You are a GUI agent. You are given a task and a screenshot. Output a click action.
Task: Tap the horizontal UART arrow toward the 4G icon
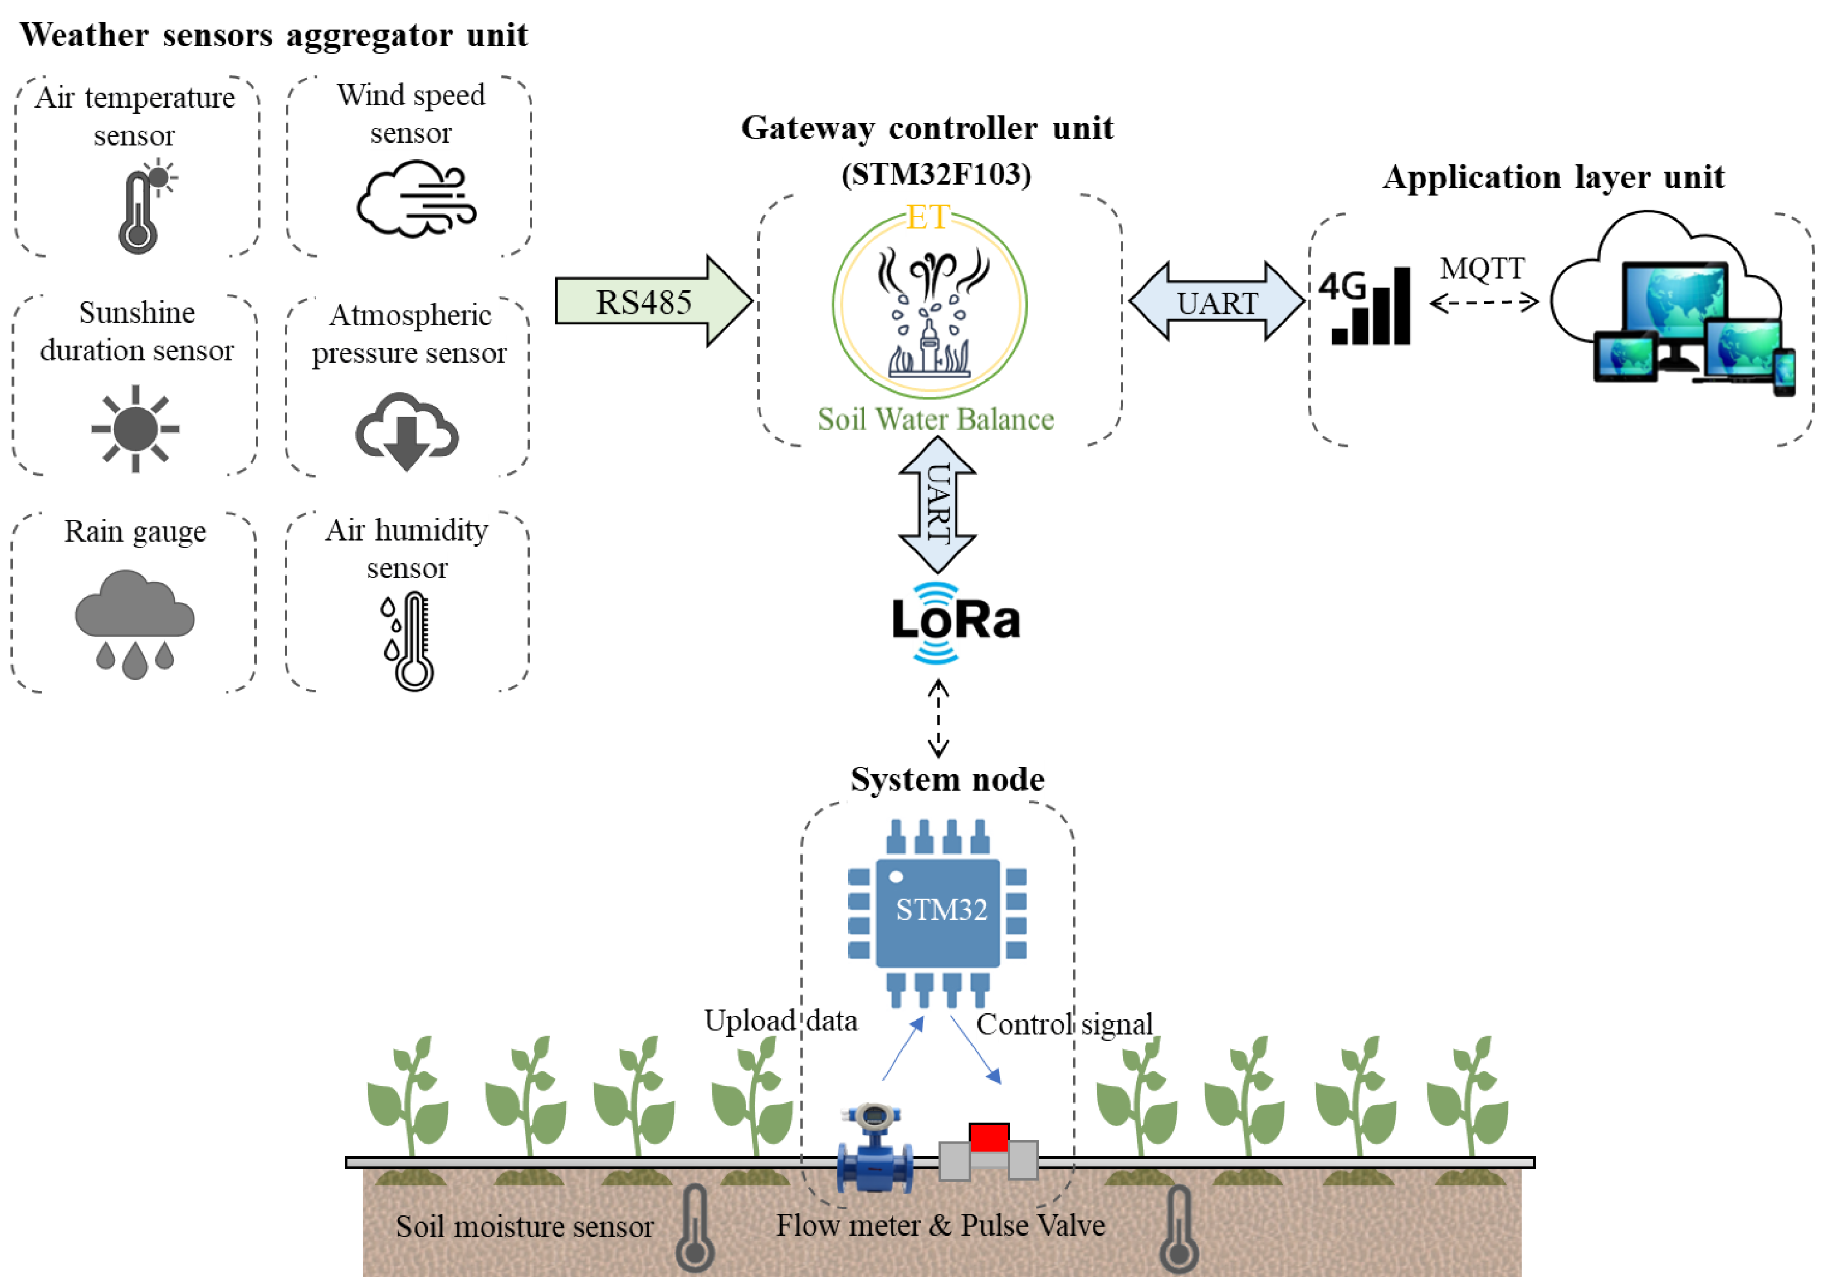click(x=1216, y=302)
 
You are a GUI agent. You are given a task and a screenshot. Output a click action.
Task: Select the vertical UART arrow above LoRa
click(x=938, y=504)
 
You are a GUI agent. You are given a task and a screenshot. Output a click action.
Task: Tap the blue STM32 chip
click(x=938, y=912)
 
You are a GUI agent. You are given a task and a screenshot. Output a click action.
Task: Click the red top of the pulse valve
click(x=989, y=1136)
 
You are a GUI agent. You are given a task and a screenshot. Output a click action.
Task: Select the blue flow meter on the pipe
click(x=874, y=1150)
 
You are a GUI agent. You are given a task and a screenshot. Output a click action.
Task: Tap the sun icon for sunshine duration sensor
click(x=135, y=429)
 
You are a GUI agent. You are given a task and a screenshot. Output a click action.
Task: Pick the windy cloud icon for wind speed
click(x=415, y=199)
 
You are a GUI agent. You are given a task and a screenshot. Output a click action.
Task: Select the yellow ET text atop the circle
click(x=928, y=217)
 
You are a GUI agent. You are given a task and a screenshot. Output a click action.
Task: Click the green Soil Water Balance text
click(x=935, y=419)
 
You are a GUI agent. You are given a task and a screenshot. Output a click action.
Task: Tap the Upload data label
click(x=780, y=1020)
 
